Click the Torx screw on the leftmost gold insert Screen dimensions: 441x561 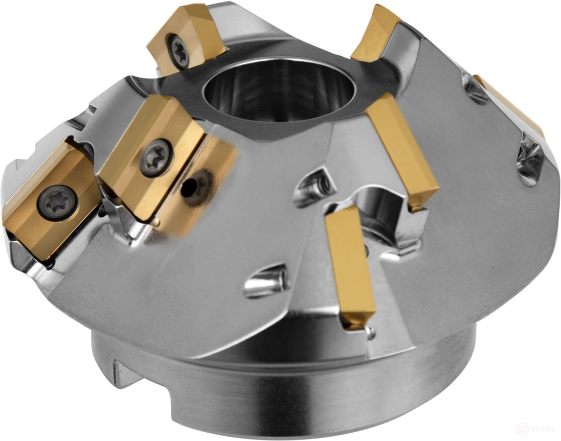tap(58, 202)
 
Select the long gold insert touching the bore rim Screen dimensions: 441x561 tap(402, 151)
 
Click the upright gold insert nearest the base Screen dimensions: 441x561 tap(349, 267)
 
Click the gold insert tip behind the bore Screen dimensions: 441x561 tap(378, 32)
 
